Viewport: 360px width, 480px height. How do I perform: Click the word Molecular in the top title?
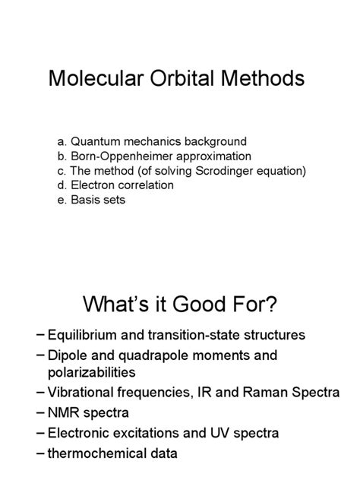[94, 79]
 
